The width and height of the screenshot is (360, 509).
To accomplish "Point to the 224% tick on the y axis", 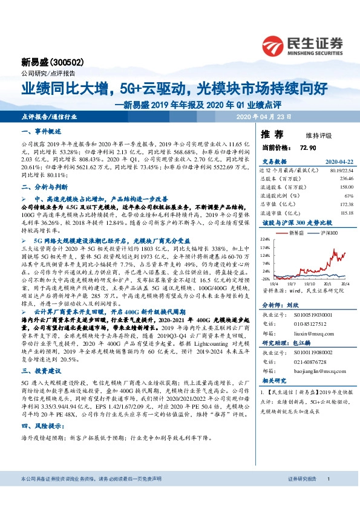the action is (x=266, y=239).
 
